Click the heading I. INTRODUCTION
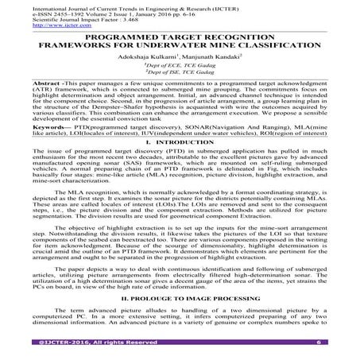point(180,187)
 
